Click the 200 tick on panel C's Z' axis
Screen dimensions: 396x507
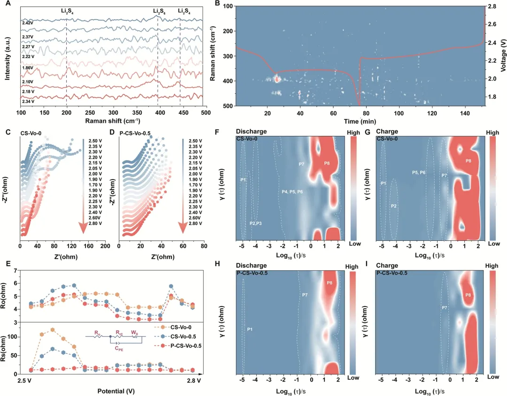point(105,246)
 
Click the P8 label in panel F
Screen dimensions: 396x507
point(327,163)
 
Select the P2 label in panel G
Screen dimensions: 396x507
point(394,206)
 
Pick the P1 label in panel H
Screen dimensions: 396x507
point(250,329)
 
